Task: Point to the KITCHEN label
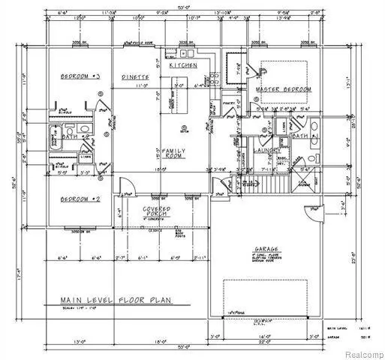click(x=183, y=66)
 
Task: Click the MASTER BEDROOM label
click(x=284, y=89)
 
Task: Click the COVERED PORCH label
click(x=157, y=212)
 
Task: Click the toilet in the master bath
click(x=311, y=159)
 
